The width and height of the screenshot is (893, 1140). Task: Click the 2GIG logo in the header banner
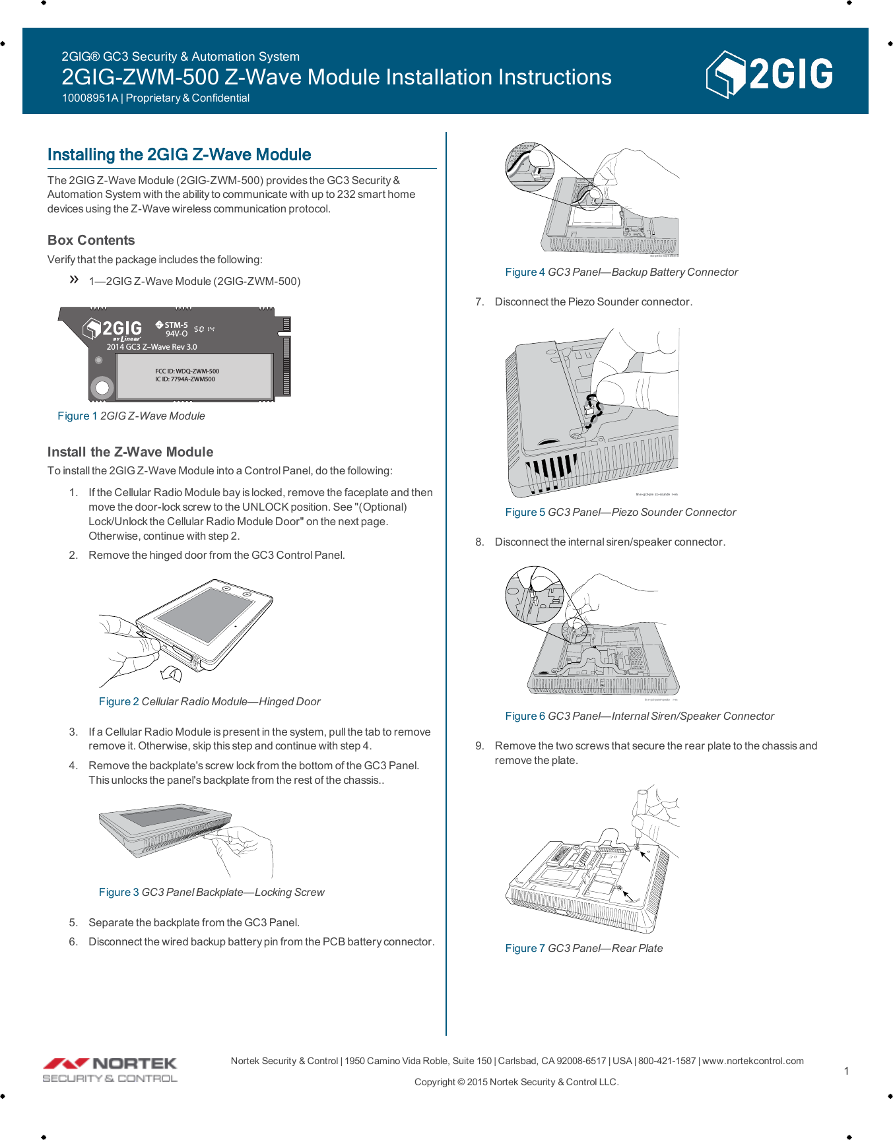click(x=769, y=74)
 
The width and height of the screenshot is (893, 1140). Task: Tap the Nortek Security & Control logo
click(x=110, y=1069)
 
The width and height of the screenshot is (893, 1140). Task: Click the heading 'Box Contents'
click(x=91, y=240)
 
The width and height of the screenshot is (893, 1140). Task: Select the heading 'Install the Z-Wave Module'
click(x=130, y=452)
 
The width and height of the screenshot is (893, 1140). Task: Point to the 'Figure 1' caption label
click(x=77, y=416)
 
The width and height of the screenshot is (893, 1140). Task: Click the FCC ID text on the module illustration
click(x=187, y=371)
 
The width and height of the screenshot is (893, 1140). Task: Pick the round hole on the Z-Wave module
click(x=102, y=387)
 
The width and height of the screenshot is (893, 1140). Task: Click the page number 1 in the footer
click(x=846, y=1071)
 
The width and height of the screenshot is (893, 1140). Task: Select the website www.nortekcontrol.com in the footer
click(x=752, y=1061)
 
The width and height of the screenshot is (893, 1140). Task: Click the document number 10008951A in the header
click(x=90, y=98)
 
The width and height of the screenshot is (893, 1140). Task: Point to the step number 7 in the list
click(x=480, y=301)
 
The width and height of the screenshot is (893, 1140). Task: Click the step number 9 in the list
click(x=480, y=745)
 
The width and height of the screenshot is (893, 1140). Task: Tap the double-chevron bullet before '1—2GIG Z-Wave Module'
click(x=74, y=280)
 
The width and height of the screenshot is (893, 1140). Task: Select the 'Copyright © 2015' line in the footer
click(x=516, y=1082)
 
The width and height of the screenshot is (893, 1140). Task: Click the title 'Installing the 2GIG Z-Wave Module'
click(x=179, y=154)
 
